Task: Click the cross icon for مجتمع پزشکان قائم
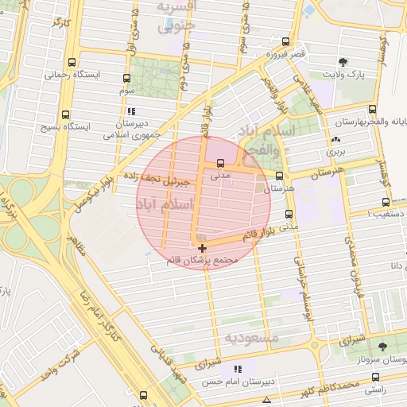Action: click(202, 249)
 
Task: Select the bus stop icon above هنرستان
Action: click(279, 176)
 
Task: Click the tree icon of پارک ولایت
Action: click(343, 62)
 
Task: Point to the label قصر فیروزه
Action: click(285, 53)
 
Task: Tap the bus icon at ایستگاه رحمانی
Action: click(73, 62)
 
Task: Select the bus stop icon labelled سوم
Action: click(127, 79)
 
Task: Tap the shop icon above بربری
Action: click(334, 140)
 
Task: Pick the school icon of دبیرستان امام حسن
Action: click(237, 369)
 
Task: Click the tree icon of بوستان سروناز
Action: click(383, 347)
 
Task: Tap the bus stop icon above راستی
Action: click(376, 378)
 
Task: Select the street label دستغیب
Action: click(382, 213)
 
